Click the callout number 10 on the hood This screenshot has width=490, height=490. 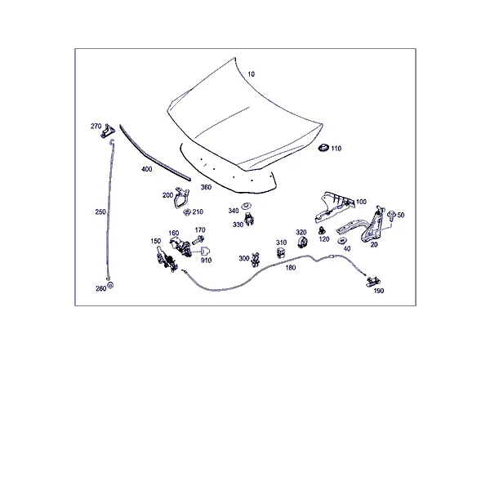(251, 74)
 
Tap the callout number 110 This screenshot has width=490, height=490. (336, 149)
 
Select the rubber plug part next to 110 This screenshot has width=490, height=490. (323, 148)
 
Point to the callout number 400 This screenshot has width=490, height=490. (146, 169)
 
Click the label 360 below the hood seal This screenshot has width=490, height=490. (206, 187)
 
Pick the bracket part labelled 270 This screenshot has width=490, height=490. (108, 131)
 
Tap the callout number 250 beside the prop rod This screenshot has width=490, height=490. (100, 212)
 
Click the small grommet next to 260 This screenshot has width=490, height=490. (110, 285)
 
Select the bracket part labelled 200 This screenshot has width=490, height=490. (181, 197)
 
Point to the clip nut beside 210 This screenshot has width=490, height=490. (187, 212)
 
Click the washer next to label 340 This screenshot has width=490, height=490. (247, 206)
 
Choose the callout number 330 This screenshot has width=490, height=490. (238, 225)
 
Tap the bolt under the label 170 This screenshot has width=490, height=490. (198, 240)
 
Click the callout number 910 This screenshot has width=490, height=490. (206, 261)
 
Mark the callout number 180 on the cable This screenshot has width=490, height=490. (290, 268)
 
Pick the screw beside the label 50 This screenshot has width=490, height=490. (391, 214)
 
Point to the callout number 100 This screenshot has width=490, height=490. (361, 202)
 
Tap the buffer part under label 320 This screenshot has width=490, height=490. (301, 243)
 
